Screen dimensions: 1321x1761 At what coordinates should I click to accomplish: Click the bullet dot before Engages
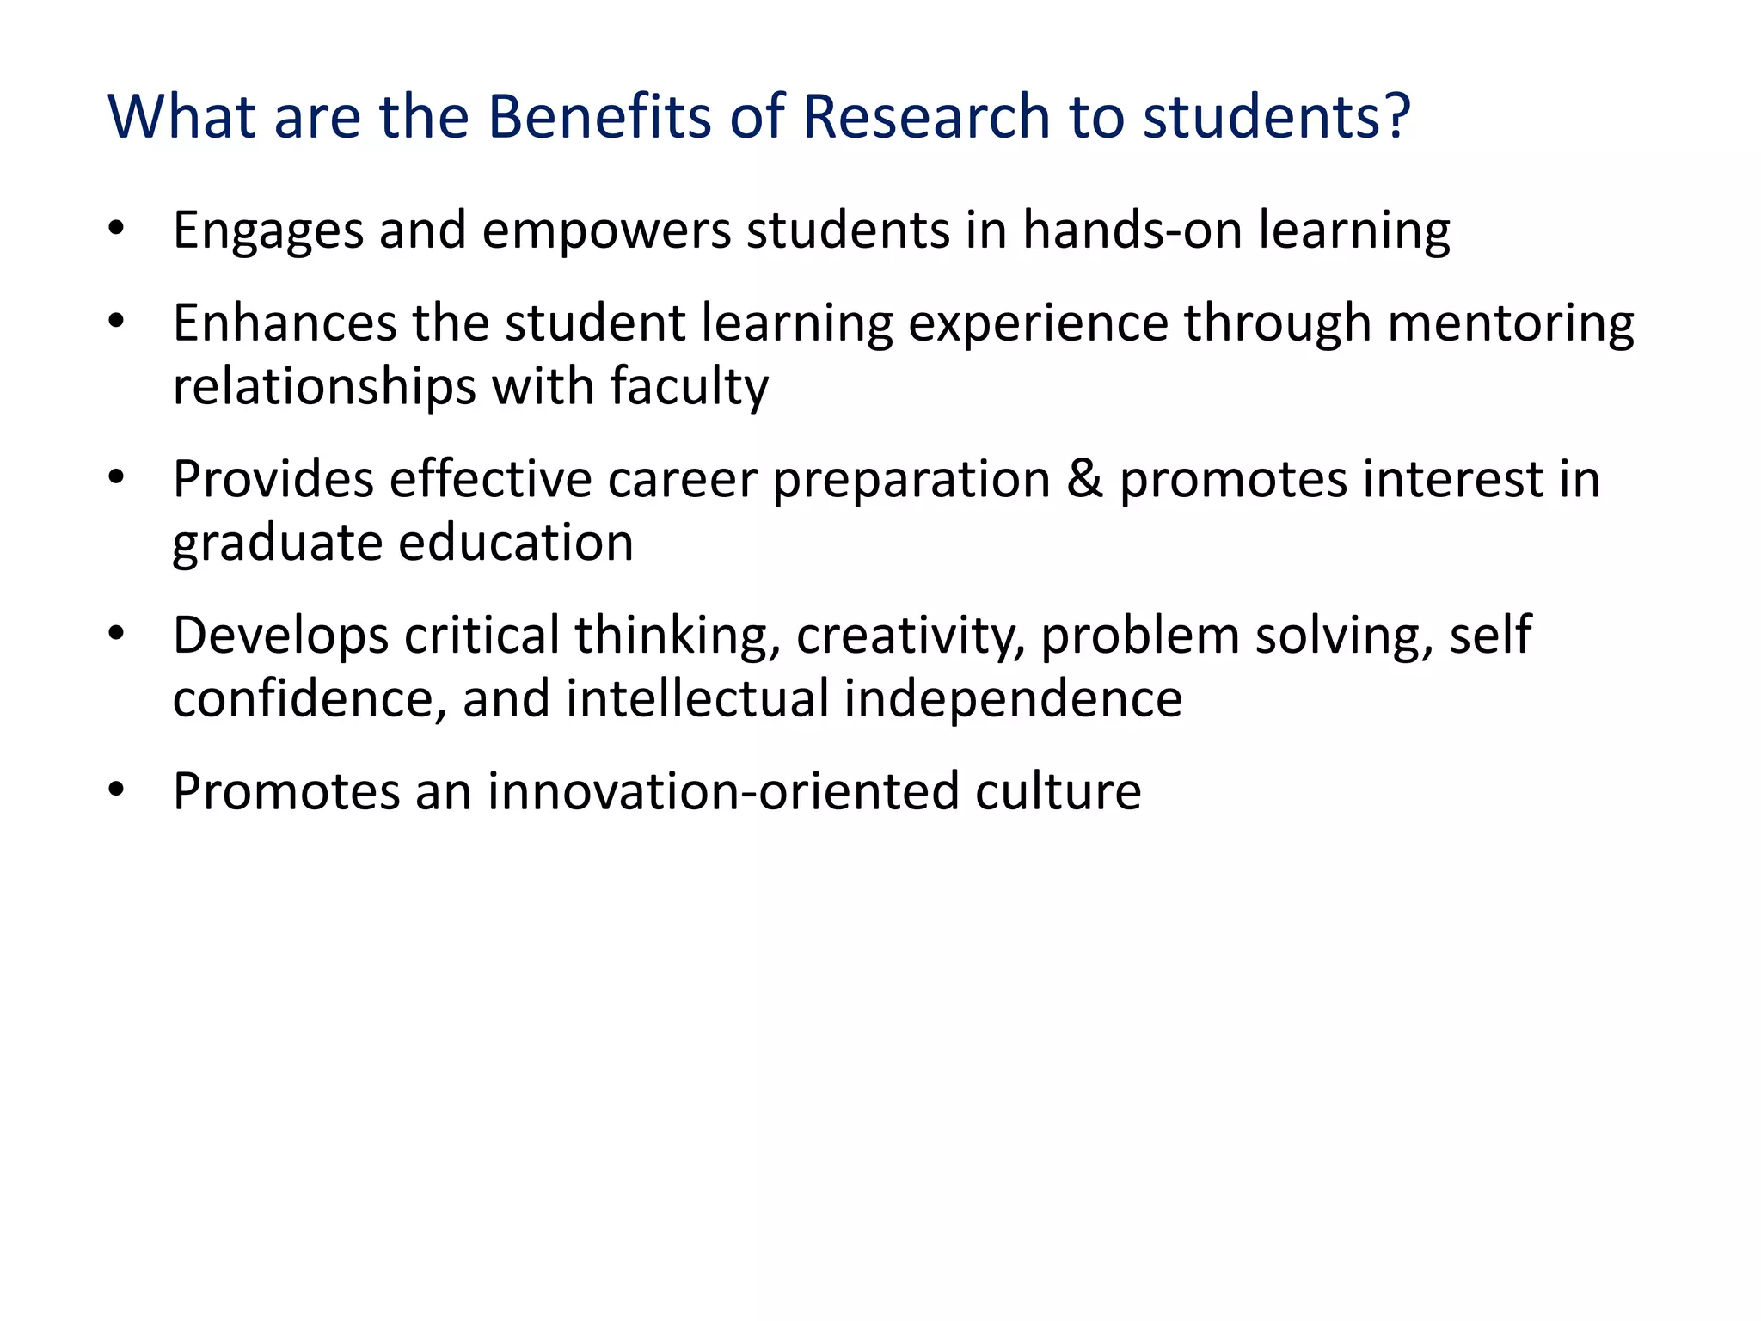[117, 230]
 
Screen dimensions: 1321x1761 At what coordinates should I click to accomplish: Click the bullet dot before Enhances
[117, 323]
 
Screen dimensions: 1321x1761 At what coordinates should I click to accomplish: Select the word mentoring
[1510, 324]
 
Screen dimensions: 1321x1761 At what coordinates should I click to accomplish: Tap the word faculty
[689, 387]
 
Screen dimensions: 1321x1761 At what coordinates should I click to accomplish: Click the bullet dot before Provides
[117, 479]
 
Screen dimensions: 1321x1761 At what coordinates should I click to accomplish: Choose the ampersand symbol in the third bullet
[1084, 479]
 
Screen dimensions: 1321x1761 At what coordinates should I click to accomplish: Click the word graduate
[277, 544]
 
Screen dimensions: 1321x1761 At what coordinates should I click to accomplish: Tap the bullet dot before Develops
[117, 636]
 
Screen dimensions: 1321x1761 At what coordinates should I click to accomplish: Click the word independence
[1012, 698]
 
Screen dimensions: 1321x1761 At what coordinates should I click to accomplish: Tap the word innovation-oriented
[723, 791]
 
